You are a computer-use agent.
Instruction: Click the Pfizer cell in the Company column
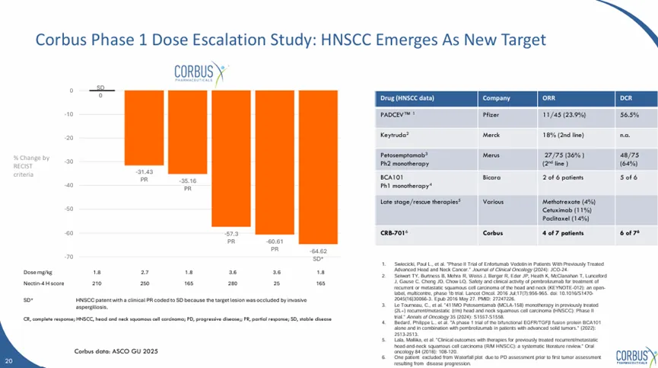tap(492, 114)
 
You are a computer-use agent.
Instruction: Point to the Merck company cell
tap(492, 134)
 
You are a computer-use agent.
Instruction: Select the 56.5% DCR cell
tap(629, 114)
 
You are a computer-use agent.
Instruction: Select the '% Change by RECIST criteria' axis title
tap(31, 166)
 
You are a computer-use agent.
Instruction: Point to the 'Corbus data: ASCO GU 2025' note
tap(115, 351)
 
